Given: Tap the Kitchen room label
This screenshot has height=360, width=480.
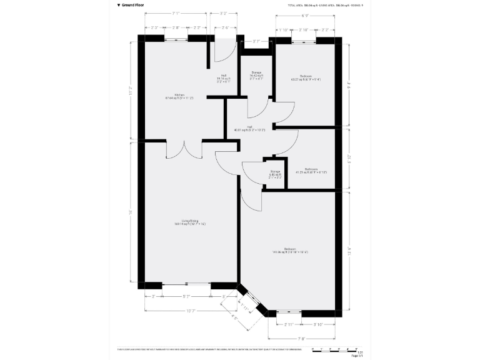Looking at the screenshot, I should (x=179, y=96).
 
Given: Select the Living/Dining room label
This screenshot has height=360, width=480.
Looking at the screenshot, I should (x=189, y=222).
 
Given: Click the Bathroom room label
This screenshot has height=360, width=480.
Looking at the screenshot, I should (x=311, y=170).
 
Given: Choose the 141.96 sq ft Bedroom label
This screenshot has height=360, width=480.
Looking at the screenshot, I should (x=290, y=251).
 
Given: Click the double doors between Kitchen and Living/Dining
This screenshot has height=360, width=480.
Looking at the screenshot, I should (x=184, y=149).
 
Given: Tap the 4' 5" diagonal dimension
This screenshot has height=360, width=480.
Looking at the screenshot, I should (x=235, y=317).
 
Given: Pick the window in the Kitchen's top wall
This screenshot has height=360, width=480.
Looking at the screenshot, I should (x=177, y=38).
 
